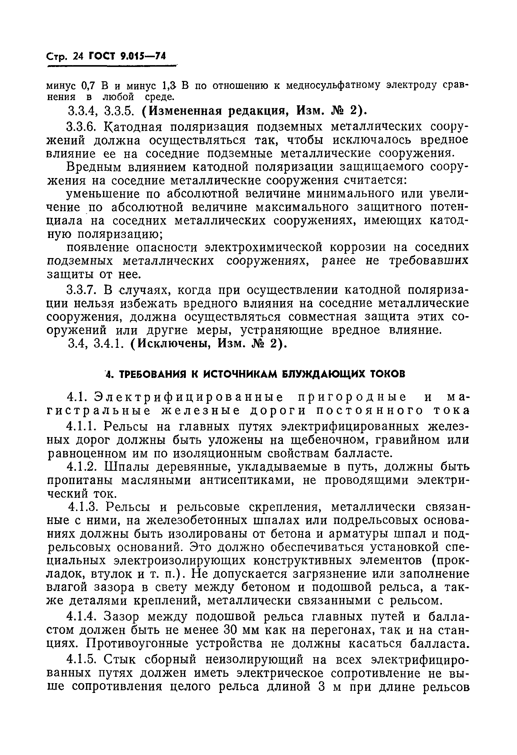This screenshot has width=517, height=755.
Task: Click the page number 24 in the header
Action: [78, 57]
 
